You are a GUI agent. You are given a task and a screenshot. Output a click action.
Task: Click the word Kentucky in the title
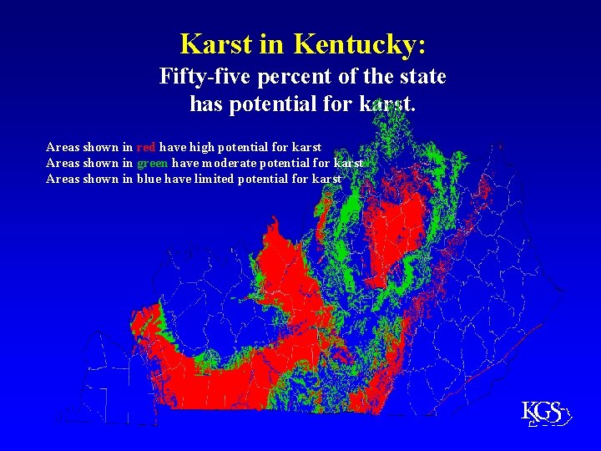point(361,43)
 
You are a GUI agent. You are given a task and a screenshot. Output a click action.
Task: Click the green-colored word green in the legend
point(153,163)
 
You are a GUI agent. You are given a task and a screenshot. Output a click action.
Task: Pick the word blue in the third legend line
point(149,179)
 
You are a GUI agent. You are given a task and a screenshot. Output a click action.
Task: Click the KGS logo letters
point(541,412)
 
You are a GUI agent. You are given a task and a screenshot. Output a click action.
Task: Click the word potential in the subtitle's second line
point(275,105)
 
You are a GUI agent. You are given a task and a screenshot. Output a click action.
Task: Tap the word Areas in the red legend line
point(63,147)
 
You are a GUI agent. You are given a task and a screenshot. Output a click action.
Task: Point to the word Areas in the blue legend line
point(63,179)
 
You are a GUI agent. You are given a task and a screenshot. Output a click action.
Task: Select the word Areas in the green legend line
point(63,163)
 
